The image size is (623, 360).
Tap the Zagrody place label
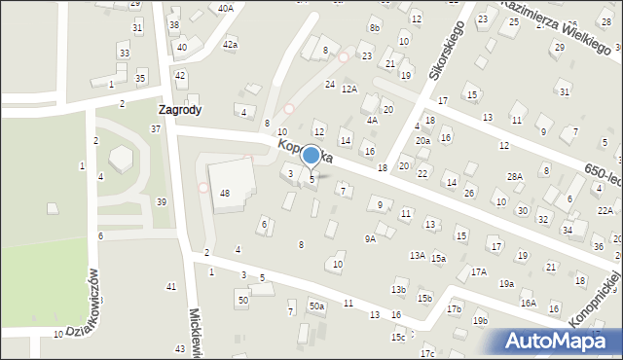click(x=181, y=110)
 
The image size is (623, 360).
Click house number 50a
click(x=316, y=306)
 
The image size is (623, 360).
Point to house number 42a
click(x=230, y=45)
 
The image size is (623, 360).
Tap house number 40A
click(x=226, y=8)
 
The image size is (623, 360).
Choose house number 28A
click(x=515, y=176)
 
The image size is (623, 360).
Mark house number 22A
click(x=605, y=210)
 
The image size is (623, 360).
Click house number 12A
click(x=349, y=89)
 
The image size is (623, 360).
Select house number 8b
click(x=375, y=28)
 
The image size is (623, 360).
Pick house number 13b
click(x=398, y=290)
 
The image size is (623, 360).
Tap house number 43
click(x=180, y=348)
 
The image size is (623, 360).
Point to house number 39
click(x=162, y=201)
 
